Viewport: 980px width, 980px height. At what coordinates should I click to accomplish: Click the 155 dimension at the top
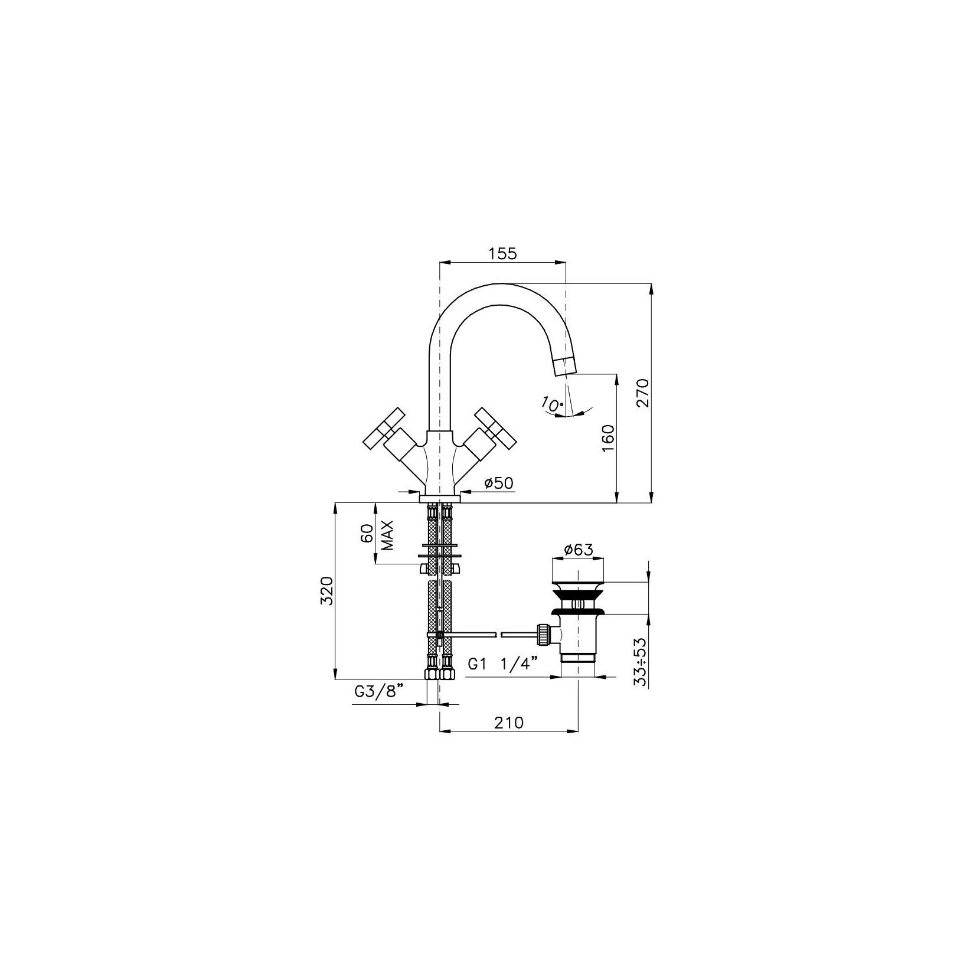(x=502, y=253)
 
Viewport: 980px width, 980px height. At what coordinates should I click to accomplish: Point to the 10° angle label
(x=553, y=404)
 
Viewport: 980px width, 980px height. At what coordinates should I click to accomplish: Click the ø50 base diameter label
(x=499, y=483)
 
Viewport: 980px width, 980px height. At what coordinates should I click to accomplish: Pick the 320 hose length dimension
(x=328, y=591)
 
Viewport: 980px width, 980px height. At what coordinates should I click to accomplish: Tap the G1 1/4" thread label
(x=504, y=664)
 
